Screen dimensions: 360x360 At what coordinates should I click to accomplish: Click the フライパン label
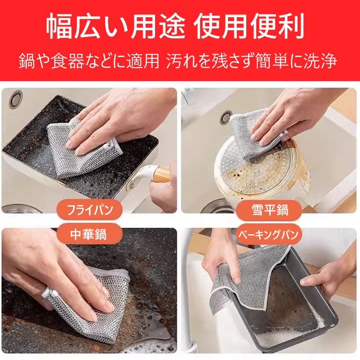coord(90,210)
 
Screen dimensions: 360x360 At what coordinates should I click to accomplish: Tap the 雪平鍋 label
coord(269,210)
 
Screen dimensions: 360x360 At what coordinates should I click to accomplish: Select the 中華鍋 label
coord(90,234)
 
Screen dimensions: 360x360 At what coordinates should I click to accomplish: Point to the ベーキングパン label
coord(269,234)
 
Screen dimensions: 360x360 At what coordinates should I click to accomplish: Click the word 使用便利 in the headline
coord(249,26)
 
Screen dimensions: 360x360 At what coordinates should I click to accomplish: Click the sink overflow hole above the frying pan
coord(16,99)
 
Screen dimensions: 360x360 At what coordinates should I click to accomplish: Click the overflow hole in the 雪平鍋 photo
coord(226,117)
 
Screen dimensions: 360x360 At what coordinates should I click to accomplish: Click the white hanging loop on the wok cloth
coord(48,293)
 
